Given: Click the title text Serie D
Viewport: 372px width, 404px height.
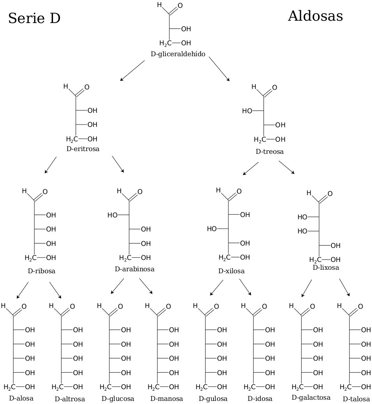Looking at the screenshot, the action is (34, 18).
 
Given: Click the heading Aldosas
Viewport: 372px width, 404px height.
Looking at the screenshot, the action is (315, 16).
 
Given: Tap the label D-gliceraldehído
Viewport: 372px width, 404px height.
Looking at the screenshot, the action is (178, 54).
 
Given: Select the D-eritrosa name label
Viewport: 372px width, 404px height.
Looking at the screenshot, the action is (83, 149).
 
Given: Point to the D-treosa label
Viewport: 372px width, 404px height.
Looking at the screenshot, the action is (269, 151).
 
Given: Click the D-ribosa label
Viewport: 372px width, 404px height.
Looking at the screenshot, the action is (41, 271).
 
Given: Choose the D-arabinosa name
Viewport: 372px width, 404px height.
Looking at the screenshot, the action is (135, 269).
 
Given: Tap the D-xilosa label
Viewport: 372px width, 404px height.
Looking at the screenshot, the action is (231, 271).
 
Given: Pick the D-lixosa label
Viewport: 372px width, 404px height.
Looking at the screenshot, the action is (326, 267).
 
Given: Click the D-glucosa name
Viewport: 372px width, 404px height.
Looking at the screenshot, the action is (118, 399).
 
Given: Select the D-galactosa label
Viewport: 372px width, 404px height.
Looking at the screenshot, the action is (311, 397).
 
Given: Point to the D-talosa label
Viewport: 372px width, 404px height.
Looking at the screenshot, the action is (356, 399).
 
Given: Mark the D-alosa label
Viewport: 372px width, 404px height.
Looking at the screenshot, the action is (21, 398).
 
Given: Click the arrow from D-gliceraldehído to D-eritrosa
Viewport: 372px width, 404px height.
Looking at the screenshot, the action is (132, 71).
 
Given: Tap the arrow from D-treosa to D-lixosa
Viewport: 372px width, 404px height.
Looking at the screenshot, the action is (287, 167).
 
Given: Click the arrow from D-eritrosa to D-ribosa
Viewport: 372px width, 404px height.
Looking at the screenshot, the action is (50, 165).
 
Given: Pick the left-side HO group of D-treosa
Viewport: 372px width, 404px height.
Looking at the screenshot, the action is (247, 111).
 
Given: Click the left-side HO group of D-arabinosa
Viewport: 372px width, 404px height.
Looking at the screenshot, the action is (112, 215).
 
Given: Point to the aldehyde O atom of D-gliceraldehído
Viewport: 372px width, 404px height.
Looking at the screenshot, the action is (180, 6).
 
